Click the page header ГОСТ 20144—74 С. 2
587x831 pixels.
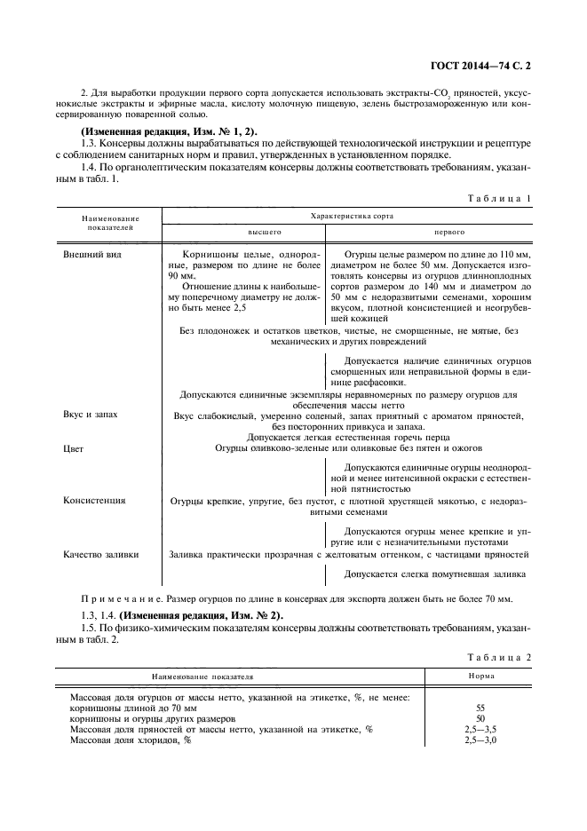click(x=485, y=66)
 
